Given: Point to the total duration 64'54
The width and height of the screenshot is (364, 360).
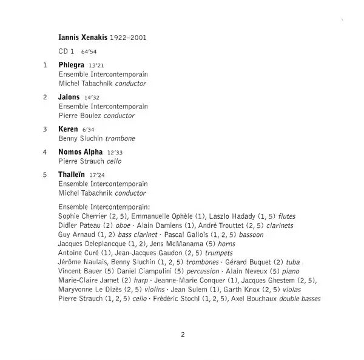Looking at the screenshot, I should pos(88,52).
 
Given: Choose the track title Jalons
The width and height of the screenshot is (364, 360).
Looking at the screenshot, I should pos(69,96).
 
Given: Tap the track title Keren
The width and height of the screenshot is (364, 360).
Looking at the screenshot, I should pos(68,129).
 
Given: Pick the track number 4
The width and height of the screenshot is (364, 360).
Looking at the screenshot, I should pos(45,152).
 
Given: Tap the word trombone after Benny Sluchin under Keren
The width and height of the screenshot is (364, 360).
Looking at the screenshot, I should pos(120,139).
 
